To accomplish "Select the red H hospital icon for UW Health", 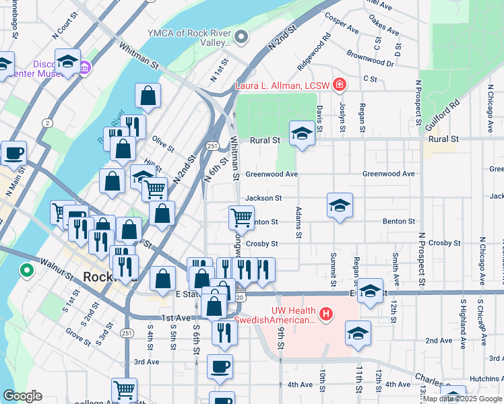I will coord(326,314).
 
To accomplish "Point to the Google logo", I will coord(22,396).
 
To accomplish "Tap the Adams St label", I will coord(297,223).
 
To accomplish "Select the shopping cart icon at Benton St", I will coord(241,217).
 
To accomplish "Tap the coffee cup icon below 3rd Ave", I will coord(220,366).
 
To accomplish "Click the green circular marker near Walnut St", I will coord(27,271).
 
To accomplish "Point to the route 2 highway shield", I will coord(47,123).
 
